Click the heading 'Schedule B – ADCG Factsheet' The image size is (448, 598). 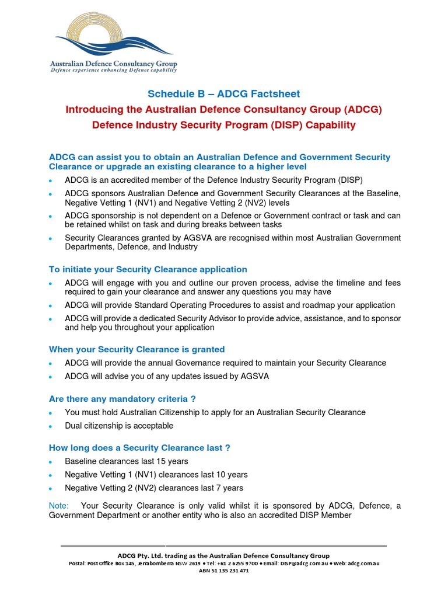click(223, 93)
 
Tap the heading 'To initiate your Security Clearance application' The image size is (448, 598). click(148, 269)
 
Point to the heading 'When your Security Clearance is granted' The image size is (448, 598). click(136, 349)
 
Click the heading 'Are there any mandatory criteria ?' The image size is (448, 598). click(123, 398)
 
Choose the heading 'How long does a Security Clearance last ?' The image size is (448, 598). click(139, 447)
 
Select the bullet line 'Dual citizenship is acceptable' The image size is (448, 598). click(119, 426)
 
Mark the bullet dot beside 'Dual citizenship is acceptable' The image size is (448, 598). click(51, 427)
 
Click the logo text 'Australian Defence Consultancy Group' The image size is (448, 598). click(113, 64)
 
